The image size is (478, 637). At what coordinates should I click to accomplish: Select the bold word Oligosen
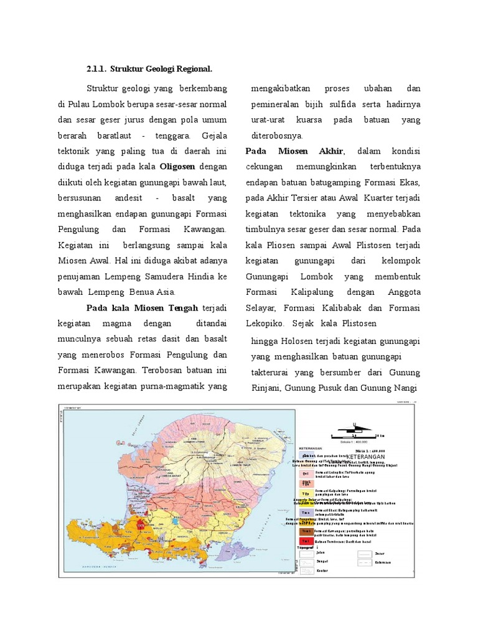point(177,167)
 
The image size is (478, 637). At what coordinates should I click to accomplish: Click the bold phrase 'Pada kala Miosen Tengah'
point(142,307)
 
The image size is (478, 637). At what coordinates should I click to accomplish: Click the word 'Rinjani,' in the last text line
point(266,388)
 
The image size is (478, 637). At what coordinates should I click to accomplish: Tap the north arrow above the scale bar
point(354,425)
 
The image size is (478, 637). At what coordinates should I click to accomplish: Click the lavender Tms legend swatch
point(306,512)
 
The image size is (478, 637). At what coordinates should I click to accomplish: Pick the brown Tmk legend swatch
point(306,531)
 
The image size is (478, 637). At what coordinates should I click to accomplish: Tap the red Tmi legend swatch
point(306,541)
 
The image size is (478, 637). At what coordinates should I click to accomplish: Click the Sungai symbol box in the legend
point(305,562)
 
